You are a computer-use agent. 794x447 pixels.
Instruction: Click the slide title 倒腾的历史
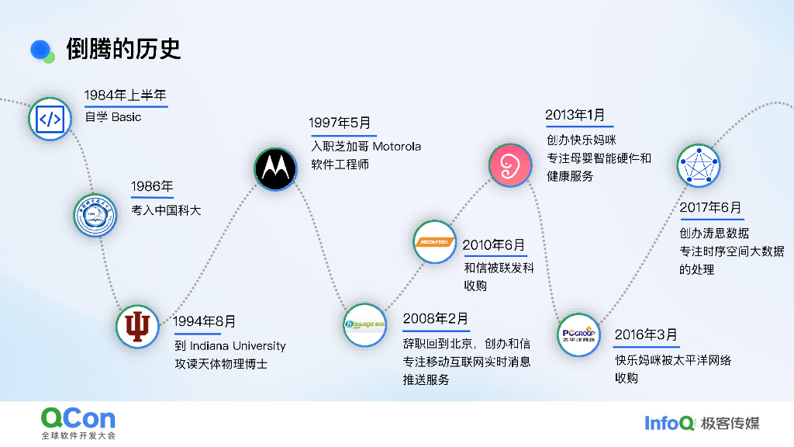pyautogui.click(x=123, y=49)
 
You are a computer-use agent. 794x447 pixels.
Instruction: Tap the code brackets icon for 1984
pyautogui.click(x=50, y=119)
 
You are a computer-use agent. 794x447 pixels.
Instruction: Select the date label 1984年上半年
pyautogui.click(x=126, y=95)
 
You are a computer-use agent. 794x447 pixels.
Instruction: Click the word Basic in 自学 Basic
pyautogui.click(x=126, y=117)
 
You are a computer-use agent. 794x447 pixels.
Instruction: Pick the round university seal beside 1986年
pyautogui.click(x=95, y=215)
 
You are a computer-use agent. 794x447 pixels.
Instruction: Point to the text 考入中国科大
pyautogui.click(x=166, y=210)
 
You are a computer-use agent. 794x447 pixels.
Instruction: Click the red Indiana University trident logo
pyautogui.click(x=137, y=326)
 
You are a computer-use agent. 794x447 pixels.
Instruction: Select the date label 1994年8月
pyautogui.click(x=205, y=321)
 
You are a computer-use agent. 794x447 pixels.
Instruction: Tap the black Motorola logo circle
pyautogui.click(x=275, y=168)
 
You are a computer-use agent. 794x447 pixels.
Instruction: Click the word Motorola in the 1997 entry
pyautogui.click(x=397, y=146)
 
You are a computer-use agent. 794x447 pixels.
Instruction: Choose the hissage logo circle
pyautogui.click(x=364, y=324)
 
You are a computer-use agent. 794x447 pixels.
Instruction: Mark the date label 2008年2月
pyautogui.click(x=436, y=319)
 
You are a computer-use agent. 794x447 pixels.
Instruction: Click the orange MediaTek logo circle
pyautogui.click(x=433, y=242)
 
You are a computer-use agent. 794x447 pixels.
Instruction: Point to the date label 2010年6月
pyautogui.click(x=494, y=245)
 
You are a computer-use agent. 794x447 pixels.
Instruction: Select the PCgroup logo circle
pyautogui.click(x=579, y=334)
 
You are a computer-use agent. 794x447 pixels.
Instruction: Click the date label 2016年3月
pyautogui.click(x=646, y=334)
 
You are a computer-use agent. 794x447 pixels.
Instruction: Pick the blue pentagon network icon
pyautogui.click(x=698, y=165)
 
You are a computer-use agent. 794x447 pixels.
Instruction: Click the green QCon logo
pyautogui.click(x=78, y=419)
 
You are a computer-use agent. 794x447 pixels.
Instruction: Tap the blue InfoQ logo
pyautogui.click(x=669, y=423)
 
